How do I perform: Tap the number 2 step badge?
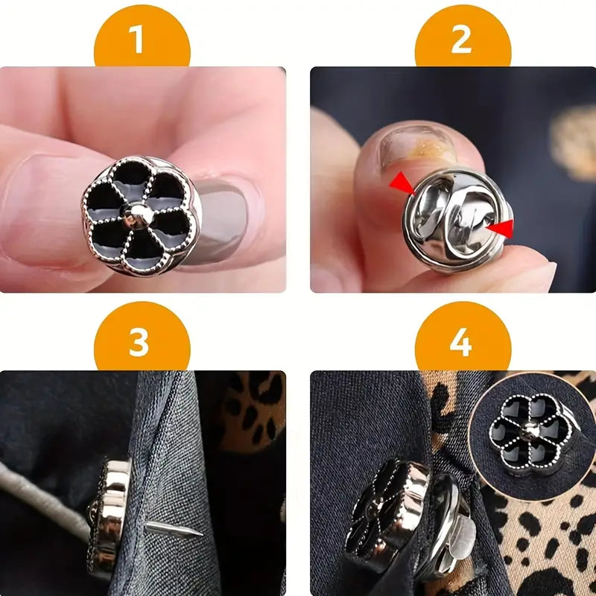(462, 39)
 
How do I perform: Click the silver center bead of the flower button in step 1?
(140, 215)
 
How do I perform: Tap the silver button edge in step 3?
(112, 514)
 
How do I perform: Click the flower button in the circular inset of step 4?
(530, 432)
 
